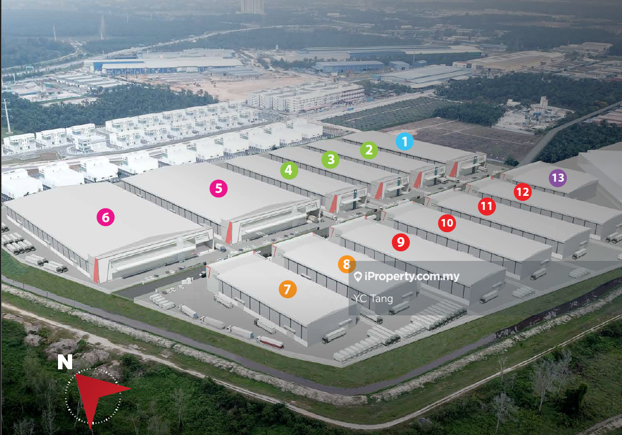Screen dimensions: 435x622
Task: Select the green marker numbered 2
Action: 369,150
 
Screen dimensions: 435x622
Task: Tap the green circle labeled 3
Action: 330,160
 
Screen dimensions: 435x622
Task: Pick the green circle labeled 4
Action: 289,171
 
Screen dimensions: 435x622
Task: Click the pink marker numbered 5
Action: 218,189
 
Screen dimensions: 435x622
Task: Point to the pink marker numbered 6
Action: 105,217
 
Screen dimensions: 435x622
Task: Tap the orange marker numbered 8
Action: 347,264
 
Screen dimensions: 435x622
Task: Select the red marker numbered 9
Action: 401,242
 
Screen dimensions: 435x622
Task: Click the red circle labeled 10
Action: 447,223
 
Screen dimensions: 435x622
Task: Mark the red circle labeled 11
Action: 487,206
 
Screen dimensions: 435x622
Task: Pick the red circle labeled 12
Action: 523,192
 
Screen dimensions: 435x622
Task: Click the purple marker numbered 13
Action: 557,178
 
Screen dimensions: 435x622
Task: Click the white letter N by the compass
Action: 65,362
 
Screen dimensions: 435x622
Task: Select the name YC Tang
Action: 373,299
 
